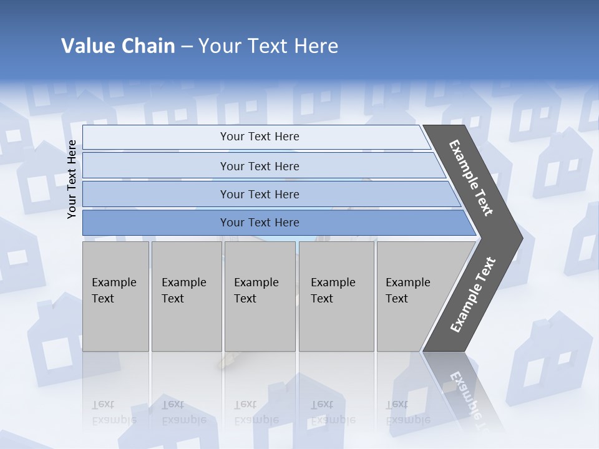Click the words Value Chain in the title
118,46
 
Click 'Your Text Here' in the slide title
268,46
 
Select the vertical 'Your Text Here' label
72,180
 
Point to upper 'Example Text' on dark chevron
471,178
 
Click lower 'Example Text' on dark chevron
472,295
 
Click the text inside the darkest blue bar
260,223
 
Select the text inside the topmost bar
260,137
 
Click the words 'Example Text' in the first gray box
114,290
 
